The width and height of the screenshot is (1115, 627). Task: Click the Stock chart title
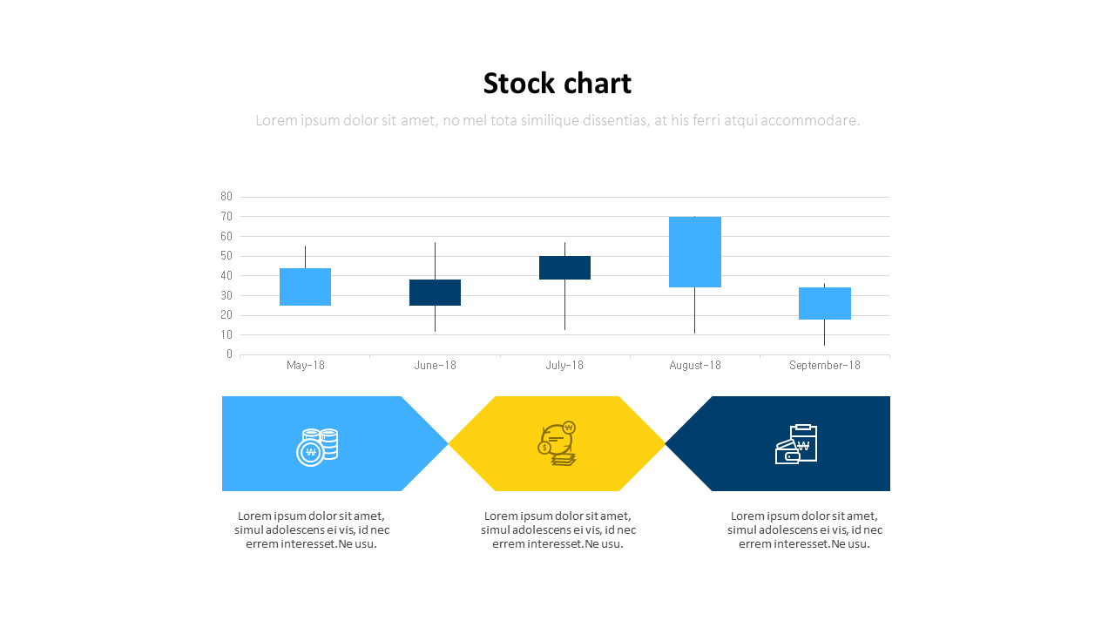pos(557,84)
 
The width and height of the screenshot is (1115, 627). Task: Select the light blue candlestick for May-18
pos(305,287)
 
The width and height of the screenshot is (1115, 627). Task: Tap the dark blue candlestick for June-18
pos(435,293)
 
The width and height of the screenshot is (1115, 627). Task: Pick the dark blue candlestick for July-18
pos(564,267)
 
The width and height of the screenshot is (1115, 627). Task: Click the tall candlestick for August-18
pos(694,252)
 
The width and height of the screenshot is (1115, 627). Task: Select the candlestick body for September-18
pos(824,303)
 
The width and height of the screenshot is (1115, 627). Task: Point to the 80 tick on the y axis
pos(226,197)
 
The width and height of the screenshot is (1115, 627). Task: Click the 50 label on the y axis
pos(226,256)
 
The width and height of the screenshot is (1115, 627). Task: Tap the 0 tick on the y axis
pos(229,354)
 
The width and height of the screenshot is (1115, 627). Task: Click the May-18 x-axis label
pos(305,366)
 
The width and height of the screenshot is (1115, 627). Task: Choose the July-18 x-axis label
pos(564,366)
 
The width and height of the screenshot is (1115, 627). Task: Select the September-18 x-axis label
pos(824,366)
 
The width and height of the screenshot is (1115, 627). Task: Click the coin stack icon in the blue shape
pos(317,447)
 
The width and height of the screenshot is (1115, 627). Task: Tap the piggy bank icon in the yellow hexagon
pos(557,443)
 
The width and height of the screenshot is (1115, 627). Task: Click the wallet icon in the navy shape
pos(796,444)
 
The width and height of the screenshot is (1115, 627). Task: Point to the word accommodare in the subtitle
pos(810,121)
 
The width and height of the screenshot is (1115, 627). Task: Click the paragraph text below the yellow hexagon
pos(557,529)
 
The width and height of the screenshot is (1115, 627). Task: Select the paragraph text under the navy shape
pos(804,529)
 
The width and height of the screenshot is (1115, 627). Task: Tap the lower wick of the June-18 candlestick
pos(435,319)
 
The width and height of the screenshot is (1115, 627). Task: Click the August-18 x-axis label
pos(694,366)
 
